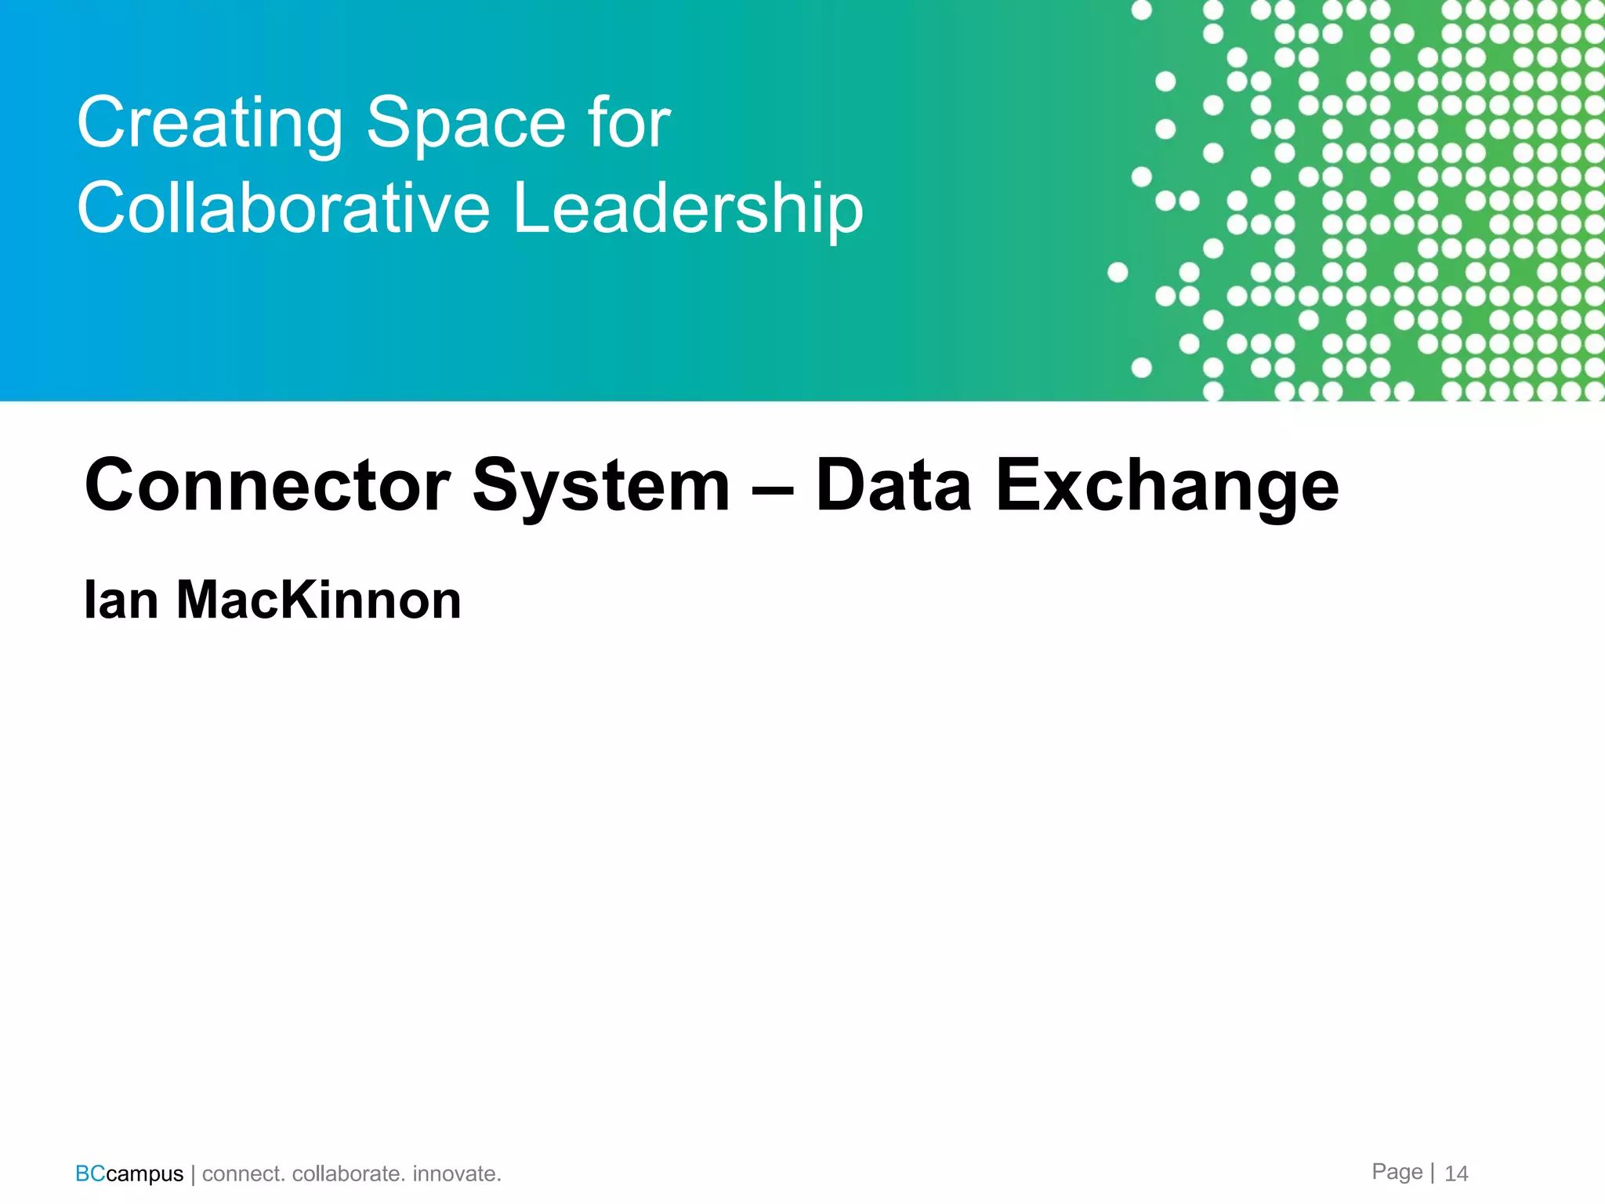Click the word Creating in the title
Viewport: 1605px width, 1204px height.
(x=209, y=124)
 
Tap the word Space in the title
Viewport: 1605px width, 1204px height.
(x=466, y=124)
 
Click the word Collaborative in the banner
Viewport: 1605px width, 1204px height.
(x=283, y=208)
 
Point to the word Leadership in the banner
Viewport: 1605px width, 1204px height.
(x=687, y=209)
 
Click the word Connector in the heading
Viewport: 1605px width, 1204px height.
(x=267, y=486)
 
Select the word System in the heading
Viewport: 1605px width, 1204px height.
(x=600, y=488)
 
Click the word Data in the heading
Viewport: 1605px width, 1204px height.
(x=893, y=486)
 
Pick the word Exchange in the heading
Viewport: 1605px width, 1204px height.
(x=1167, y=488)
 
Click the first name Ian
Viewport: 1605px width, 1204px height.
(x=121, y=600)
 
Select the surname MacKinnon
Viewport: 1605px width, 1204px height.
(x=318, y=600)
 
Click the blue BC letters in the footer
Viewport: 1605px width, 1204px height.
(x=90, y=1173)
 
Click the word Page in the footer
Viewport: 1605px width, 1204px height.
(x=1397, y=1172)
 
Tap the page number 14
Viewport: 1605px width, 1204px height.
(x=1456, y=1173)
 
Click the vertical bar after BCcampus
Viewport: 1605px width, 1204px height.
(x=193, y=1174)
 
